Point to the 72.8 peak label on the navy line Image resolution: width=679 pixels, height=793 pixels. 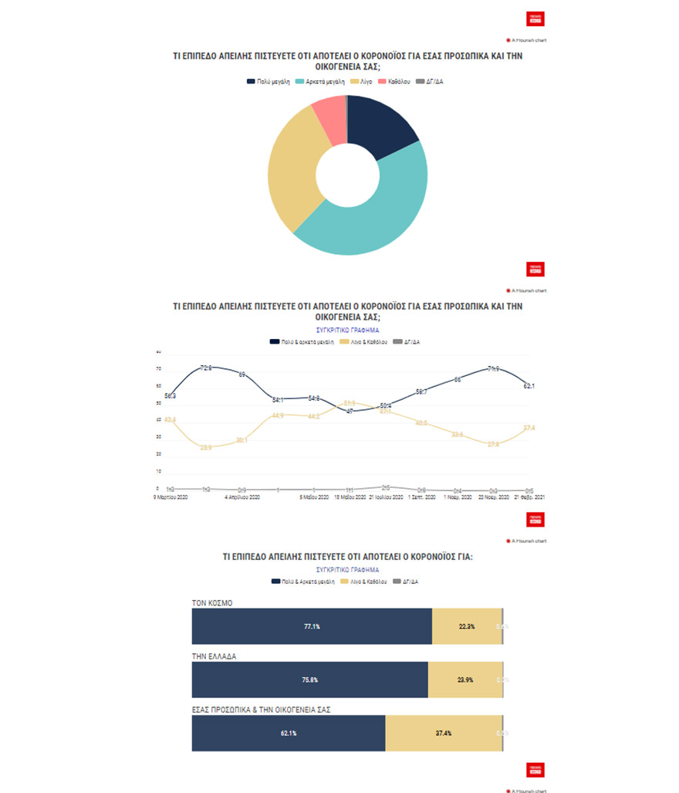[x=206, y=368]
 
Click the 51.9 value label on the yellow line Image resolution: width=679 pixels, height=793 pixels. [x=350, y=403]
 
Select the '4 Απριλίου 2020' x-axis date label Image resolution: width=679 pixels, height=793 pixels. [x=242, y=498]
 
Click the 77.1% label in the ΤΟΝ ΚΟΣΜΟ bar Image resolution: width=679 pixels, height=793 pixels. [x=312, y=626]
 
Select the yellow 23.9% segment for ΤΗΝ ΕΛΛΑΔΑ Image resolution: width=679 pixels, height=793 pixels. [x=465, y=680]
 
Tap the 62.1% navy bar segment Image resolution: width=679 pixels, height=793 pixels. [x=288, y=734]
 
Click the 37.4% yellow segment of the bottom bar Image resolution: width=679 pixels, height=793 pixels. [x=444, y=734]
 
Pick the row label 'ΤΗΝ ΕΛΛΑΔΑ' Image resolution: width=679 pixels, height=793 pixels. [x=215, y=656]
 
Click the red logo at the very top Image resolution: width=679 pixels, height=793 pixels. [x=535, y=19]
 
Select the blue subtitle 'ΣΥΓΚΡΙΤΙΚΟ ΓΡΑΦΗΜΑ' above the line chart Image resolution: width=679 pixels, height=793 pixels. [x=348, y=330]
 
